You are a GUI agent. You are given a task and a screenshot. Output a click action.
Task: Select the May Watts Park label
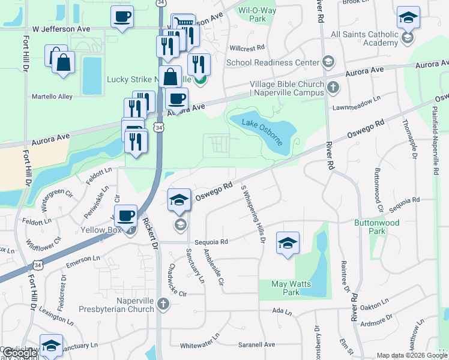point(285,288)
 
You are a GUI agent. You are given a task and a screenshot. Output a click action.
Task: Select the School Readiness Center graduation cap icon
point(328,62)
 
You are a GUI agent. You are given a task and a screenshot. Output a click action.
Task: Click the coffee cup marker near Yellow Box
point(126,215)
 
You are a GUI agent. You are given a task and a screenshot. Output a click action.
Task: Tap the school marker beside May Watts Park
point(288,243)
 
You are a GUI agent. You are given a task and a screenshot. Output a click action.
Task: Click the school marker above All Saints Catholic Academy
point(408,19)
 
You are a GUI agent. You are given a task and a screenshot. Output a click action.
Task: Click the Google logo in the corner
point(19,353)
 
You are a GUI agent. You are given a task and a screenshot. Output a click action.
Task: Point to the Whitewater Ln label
point(200,346)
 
